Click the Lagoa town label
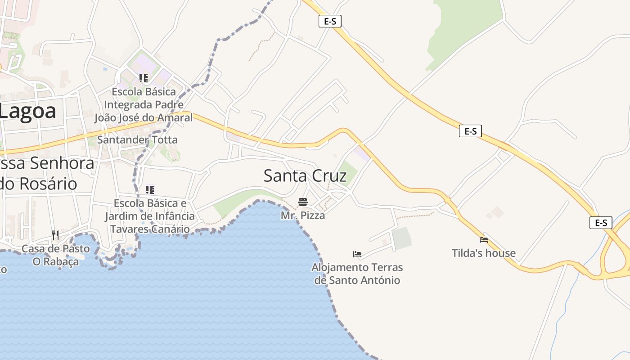coord(28,111)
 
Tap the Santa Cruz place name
coord(305,175)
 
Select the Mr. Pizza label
coord(303,216)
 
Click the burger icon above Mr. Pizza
coord(303,202)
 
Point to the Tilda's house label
coord(484,253)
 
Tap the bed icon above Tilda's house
coord(484,240)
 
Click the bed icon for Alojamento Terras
coord(357,254)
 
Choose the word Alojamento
coord(341,267)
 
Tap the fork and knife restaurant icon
coord(55,235)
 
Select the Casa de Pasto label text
coord(56,248)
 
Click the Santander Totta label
coord(138,139)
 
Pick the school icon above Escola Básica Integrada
coord(144,78)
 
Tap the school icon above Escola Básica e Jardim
coord(150,190)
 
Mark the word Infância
coord(171,216)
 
